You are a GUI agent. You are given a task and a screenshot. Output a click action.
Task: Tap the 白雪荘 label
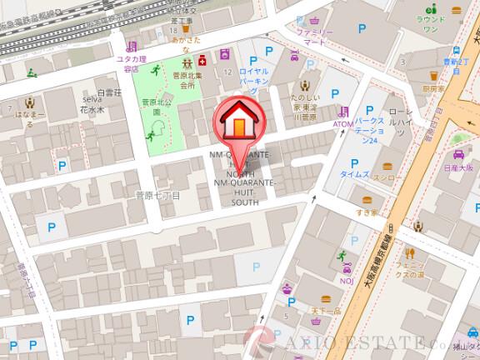point(109,92)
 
